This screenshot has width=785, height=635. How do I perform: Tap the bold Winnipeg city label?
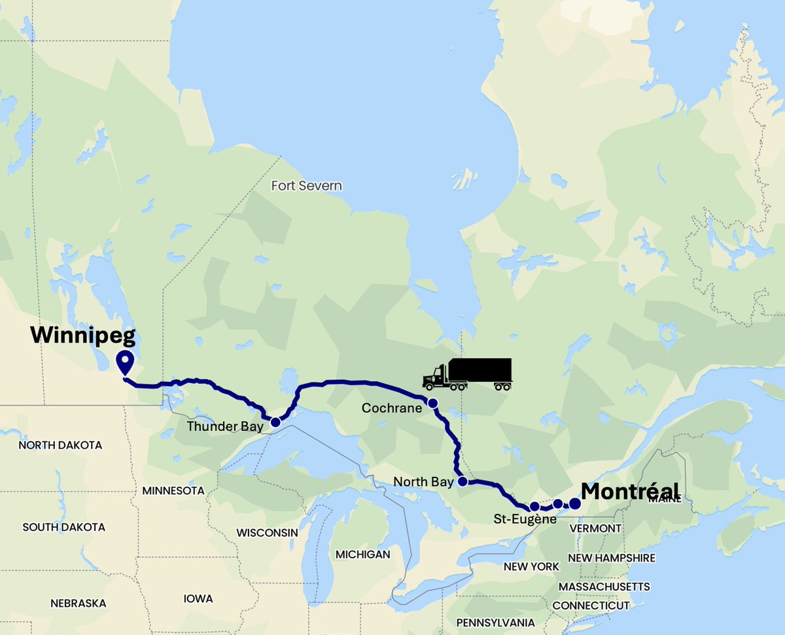tap(83, 335)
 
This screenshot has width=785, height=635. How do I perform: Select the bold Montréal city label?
tap(630, 490)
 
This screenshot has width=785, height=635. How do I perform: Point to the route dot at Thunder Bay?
tap(275, 422)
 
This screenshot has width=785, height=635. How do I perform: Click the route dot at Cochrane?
tap(432, 402)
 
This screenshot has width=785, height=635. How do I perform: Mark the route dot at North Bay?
tap(462, 482)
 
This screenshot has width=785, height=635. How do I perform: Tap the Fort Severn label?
tap(306, 186)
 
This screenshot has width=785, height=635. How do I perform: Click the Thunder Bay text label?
tap(225, 426)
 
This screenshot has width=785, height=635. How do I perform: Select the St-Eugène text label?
tap(525, 520)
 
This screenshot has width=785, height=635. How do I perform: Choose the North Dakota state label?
tap(60, 445)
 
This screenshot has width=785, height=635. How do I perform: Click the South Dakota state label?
tap(63, 527)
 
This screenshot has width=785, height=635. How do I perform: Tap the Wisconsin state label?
tap(267, 532)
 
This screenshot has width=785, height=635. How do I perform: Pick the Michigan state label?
tap(362, 555)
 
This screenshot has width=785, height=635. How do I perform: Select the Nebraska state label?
tap(78, 603)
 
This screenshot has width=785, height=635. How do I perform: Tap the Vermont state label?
tap(595, 528)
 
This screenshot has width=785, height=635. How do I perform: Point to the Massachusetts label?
tap(604, 586)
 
